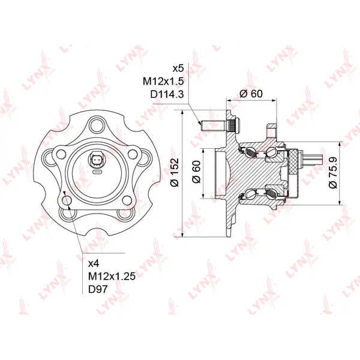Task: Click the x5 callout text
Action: (x=178, y=68)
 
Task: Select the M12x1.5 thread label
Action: (x=163, y=81)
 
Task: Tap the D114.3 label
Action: (x=167, y=94)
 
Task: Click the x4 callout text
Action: (x=94, y=264)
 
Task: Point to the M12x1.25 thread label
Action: (x=112, y=276)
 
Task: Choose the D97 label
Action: (x=98, y=289)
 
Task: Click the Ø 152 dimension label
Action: (x=175, y=172)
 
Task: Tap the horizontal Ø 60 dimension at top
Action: (x=251, y=94)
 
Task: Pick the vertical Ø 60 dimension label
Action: (x=197, y=172)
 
